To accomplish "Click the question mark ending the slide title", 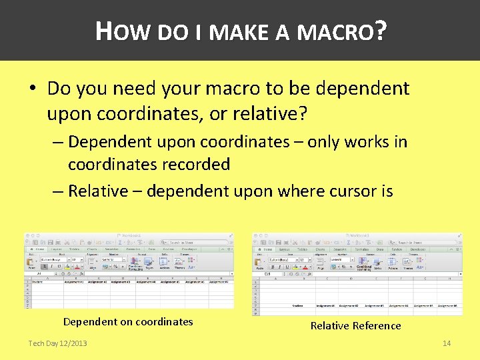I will click(381, 31).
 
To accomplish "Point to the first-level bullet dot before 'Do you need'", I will click(34, 89).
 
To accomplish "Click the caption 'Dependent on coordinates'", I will click(128, 321).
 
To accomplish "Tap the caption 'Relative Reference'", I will click(355, 325).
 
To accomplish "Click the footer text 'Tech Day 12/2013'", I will click(57, 343).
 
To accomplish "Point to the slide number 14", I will click(447, 343).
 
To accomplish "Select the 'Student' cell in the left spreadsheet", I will click(37, 281).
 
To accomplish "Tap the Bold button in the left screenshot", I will click(43, 266).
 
